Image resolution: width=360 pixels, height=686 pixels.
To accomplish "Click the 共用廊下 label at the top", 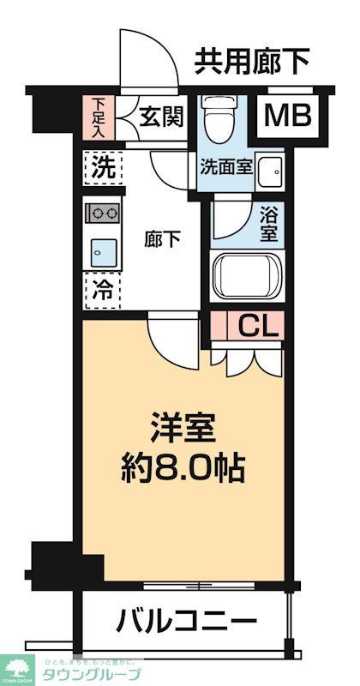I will (x=251, y=60).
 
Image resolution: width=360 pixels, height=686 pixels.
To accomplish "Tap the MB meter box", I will (x=285, y=116).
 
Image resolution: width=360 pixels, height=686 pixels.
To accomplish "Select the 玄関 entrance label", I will (x=161, y=117).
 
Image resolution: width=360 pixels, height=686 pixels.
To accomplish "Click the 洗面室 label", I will (x=226, y=165).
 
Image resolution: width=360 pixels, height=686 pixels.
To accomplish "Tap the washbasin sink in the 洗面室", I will (x=271, y=168).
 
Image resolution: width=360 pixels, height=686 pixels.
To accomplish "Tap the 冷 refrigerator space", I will (x=102, y=289).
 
